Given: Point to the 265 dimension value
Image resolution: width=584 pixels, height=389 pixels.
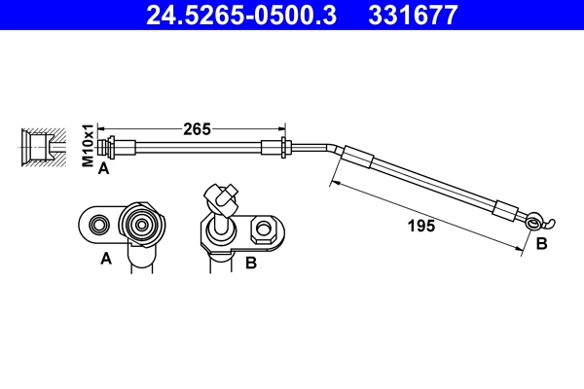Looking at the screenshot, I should pos(199,128).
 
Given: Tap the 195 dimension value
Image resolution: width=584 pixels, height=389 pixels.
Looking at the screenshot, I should pos(420,226).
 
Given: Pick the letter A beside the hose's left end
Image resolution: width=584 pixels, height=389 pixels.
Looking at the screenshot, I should pos(103,167).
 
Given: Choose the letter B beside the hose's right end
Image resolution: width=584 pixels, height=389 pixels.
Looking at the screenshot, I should pos(542,244).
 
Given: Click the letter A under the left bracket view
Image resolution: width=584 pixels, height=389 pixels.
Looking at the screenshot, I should pos(106,259).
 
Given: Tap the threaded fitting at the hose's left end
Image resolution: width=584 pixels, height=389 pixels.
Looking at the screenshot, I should pos(114,147).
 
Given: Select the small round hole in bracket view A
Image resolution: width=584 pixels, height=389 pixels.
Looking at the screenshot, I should pos(97,226).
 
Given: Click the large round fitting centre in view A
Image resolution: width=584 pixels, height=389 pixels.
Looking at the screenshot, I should pos(142,225).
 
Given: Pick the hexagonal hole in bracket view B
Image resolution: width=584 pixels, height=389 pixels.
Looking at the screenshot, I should pos(262,231).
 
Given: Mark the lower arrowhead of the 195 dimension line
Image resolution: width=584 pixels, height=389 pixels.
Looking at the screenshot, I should pos(522,247).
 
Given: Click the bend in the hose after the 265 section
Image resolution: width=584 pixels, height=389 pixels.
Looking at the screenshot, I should pos(336,150).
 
